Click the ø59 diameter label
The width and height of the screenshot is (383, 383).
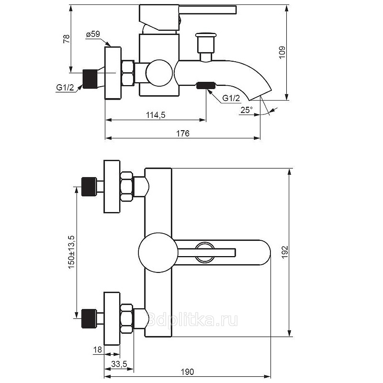(93, 34)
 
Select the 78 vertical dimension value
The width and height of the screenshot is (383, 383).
(66, 39)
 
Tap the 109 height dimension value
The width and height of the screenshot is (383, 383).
(282, 53)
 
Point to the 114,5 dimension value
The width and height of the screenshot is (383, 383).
(156, 114)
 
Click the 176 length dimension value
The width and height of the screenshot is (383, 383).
(183, 134)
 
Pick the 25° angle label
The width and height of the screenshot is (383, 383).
(247, 110)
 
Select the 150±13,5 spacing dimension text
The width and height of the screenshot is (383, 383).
(72, 252)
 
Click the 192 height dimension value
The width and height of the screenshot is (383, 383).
(285, 252)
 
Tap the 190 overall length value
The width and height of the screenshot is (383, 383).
(187, 372)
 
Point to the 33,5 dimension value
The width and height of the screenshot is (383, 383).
(119, 364)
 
